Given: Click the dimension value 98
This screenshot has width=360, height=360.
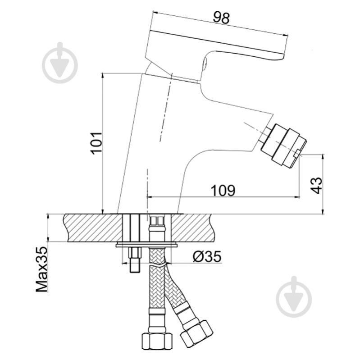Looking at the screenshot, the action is pyautogui.click(x=221, y=18).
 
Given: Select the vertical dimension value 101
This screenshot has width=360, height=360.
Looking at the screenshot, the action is pyautogui.click(x=96, y=143).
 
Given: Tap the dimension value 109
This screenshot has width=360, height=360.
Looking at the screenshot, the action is pyautogui.click(x=223, y=191).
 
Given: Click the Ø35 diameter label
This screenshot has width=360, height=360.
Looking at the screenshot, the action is pyautogui.click(x=207, y=256).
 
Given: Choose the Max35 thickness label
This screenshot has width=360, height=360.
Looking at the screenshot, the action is pyautogui.click(x=41, y=269).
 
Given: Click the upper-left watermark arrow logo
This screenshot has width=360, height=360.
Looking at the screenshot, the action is pyautogui.click(x=60, y=63).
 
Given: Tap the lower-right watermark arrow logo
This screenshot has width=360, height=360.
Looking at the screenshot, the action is pyautogui.click(x=294, y=296).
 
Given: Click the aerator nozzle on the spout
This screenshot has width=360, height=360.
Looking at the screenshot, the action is pyautogui.click(x=284, y=146).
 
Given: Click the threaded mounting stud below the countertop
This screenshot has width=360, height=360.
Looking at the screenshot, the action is pyautogui.click(x=135, y=260).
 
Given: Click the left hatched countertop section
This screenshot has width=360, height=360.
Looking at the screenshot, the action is pyautogui.click(x=93, y=228).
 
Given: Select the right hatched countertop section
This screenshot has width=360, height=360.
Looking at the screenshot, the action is pyautogui.click(x=191, y=228).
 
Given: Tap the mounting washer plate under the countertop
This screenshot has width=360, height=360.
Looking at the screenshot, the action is pyautogui.click(x=147, y=245).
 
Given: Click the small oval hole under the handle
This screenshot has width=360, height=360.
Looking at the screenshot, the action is pyautogui.click(x=205, y=64).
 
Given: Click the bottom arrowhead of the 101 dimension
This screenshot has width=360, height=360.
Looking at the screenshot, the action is pyautogui.click(x=103, y=211).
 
